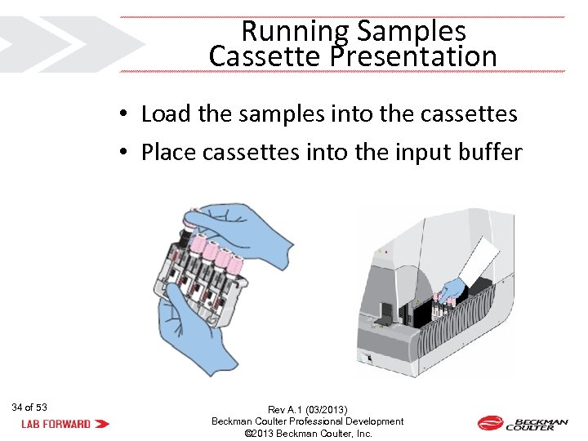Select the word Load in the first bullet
(x=166, y=114)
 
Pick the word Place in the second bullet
(x=167, y=152)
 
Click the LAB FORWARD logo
(x=65, y=424)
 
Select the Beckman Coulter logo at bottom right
(x=522, y=423)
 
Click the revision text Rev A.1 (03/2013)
(x=307, y=409)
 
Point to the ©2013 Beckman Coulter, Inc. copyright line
(x=308, y=434)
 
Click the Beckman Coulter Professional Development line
(x=308, y=421)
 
